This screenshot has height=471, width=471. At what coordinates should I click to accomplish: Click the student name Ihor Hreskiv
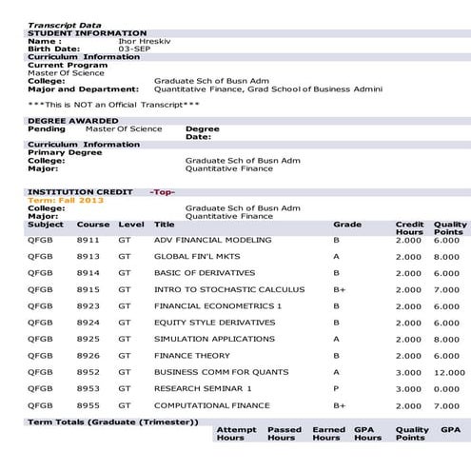click(x=180, y=42)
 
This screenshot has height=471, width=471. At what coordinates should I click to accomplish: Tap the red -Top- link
click(x=163, y=192)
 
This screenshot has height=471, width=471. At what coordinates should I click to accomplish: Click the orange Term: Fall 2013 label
click(x=60, y=200)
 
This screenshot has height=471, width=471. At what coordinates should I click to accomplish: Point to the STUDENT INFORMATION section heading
click(x=87, y=33)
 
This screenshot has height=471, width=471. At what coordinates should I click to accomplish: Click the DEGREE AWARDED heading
click(x=73, y=121)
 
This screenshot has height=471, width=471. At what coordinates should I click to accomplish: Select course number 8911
click(x=88, y=241)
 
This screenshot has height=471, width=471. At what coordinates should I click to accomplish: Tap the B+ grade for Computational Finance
click(x=339, y=405)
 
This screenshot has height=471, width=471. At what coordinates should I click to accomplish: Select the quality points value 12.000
click(x=448, y=372)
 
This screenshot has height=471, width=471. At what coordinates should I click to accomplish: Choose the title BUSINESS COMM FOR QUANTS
click(x=215, y=372)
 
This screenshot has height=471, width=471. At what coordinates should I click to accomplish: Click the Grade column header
click(x=347, y=225)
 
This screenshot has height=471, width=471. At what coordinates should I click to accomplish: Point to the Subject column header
click(x=46, y=225)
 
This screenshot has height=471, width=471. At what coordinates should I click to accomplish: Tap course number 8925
click(x=88, y=339)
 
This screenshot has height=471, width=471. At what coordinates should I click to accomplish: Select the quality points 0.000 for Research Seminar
click(x=448, y=388)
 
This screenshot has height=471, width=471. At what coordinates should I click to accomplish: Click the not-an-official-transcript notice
click(x=114, y=104)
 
